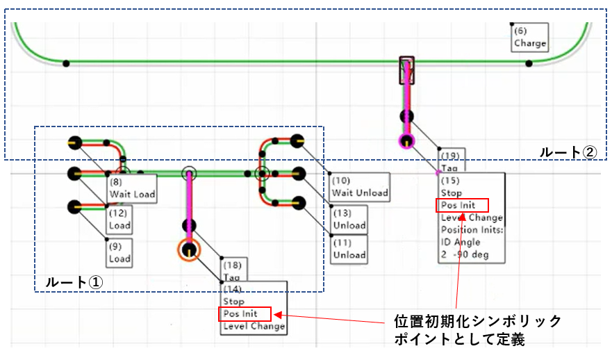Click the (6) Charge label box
point(530,38)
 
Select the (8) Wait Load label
point(131,188)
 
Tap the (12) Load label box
point(119,220)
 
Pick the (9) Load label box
point(119,252)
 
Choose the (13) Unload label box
point(349,219)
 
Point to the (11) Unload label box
point(349,249)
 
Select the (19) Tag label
point(449,161)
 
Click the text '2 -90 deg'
point(464,254)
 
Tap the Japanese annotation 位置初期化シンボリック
point(477,320)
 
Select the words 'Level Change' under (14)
point(253,326)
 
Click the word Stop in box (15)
point(452,193)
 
